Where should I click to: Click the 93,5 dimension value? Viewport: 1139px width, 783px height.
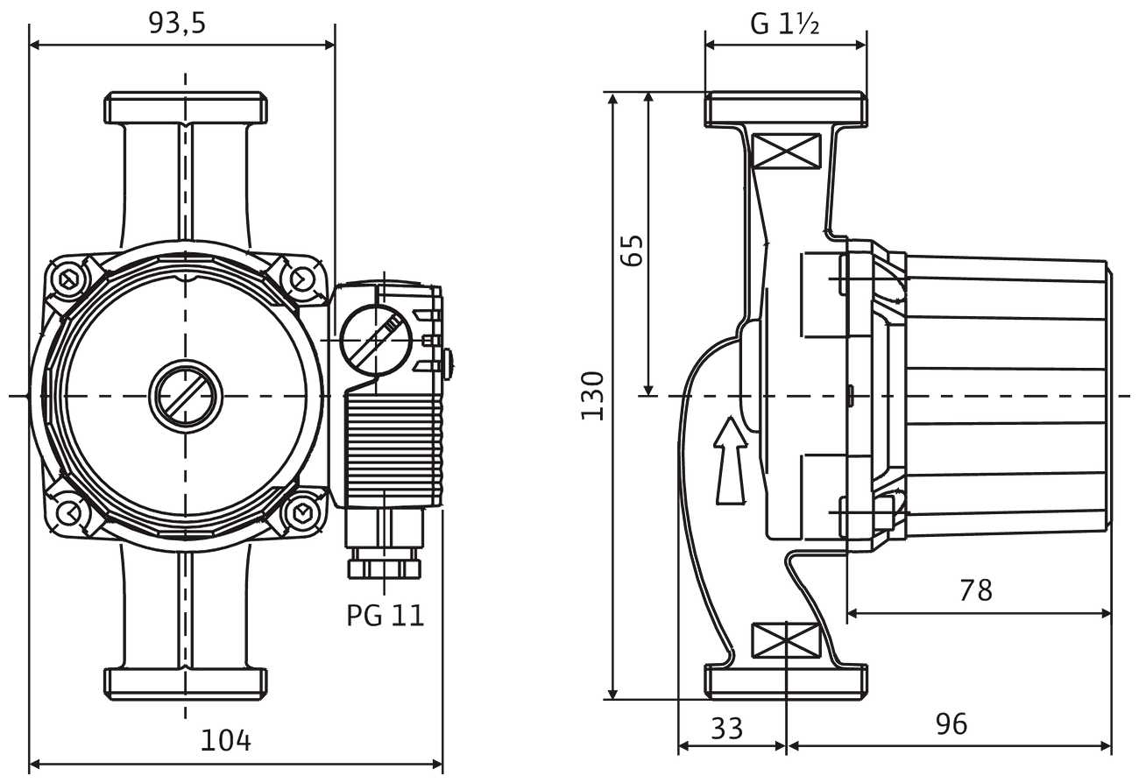click(x=177, y=24)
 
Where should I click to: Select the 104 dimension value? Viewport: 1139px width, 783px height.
click(x=226, y=741)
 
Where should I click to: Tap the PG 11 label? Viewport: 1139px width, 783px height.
click(x=385, y=615)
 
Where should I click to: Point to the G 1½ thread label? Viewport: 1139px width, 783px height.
click(x=785, y=24)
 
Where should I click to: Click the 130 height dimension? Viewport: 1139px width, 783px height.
click(x=593, y=396)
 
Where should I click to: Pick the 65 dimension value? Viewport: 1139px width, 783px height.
click(x=633, y=250)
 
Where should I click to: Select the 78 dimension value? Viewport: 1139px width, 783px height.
click(x=975, y=590)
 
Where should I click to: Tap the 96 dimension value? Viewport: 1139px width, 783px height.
click(x=951, y=724)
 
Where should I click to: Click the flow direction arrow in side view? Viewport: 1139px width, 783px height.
click(x=729, y=461)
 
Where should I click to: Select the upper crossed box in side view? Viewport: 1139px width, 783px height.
click(x=786, y=151)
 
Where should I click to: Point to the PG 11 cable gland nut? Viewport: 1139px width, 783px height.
click(x=384, y=568)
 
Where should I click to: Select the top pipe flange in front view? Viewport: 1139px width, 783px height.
click(x=186, y=108)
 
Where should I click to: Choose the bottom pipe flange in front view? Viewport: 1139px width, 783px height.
click(x=186, y=683)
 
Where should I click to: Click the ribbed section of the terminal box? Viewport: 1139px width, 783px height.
click(x=394, y=447)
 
